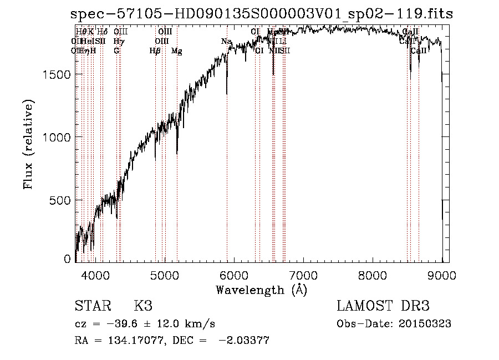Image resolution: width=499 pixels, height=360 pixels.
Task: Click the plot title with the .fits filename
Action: tap(262, 14)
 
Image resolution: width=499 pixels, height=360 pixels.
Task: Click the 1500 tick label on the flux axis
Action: tap(58, 75)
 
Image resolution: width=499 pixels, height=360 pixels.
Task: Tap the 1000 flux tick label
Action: tap(58, 137)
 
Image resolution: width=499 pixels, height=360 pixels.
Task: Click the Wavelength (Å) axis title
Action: tap(261, 289)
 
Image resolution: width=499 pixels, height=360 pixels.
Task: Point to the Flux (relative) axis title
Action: tap(28, 144)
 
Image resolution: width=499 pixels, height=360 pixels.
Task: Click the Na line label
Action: tap(226, 42)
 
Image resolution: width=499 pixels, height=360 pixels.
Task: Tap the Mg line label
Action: tap(176, 51)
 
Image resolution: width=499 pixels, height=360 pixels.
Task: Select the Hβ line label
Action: tap(155, 51)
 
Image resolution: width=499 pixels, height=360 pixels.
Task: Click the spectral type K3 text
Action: tap(143, 306)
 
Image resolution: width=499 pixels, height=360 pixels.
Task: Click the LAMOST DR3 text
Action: tap(383, 306)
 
